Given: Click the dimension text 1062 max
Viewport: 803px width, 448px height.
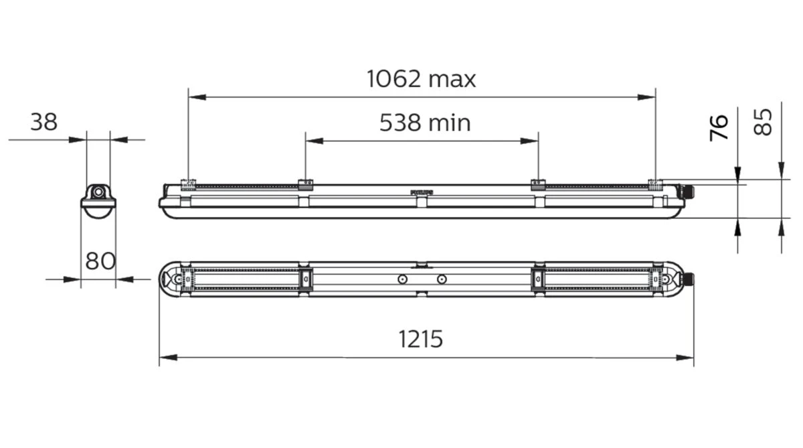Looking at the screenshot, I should [421, 79].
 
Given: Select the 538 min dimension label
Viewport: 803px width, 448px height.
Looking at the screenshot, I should [425, 123].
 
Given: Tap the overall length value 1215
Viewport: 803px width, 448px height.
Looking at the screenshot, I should [421, 339].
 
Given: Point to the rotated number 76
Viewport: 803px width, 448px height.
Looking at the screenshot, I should [719, 127].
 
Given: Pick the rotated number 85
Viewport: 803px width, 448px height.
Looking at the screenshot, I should [764, 122].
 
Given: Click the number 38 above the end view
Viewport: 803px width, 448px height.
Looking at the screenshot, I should [43, 122].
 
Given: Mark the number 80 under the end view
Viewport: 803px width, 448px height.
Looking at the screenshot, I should [100, 260].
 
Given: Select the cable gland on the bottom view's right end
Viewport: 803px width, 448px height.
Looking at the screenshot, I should [687, 279].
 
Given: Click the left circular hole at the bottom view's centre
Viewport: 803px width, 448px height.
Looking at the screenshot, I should [401, 279].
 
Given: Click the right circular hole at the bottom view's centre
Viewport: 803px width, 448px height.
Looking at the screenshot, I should [441, 279].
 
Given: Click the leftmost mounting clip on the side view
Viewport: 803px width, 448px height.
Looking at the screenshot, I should [188, 184].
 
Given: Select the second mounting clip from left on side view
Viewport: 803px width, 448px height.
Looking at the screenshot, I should [305, 184].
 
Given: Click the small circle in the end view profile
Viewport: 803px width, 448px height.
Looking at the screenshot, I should [98, 192].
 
